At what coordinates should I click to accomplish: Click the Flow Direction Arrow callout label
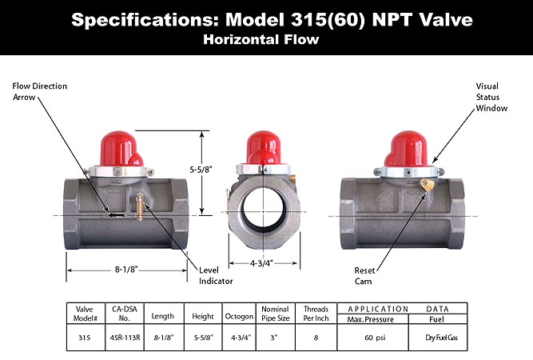pos(40,91)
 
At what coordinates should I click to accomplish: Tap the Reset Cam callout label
pos(364,276)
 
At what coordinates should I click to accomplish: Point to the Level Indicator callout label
pos(216,276)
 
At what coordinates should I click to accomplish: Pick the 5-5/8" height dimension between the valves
pos(211,169)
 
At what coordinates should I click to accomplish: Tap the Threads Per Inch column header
pos(316,313)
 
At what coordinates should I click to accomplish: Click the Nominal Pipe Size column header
pos(275,313)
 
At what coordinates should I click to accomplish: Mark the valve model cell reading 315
pos(85,337)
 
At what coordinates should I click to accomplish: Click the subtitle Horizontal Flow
pos(266,38)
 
